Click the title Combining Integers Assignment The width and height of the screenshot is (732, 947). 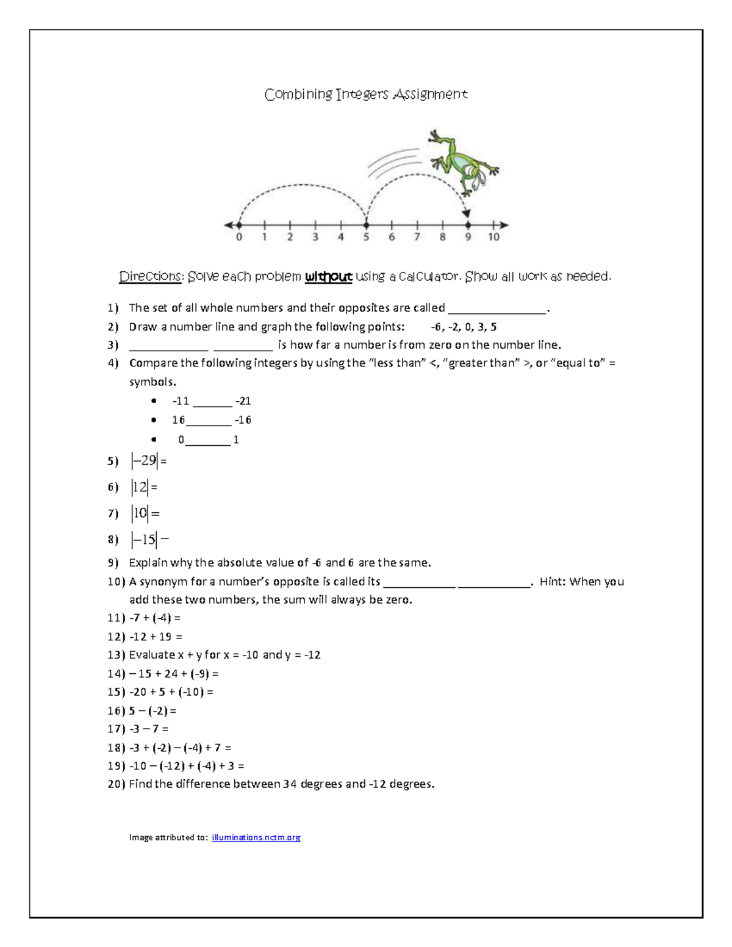[366, 95]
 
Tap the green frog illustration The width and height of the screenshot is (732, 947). [464, 162]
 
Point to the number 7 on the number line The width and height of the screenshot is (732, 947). [417, 237]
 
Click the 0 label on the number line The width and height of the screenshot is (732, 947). [239, 237]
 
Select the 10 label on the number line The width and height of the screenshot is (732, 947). [493, 237]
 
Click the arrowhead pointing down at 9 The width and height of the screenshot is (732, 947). [467, 213]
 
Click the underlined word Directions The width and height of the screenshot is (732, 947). [151, 277]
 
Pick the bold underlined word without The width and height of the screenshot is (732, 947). [328, 277]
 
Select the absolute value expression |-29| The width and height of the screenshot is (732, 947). [145, 461]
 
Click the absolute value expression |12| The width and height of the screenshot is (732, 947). [140, 487]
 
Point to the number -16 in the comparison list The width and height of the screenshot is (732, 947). [243, 420]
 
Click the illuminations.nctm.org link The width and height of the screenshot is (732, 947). [256, 837]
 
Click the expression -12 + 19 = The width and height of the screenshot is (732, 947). [156, 637]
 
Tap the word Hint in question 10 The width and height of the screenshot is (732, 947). [552, 582]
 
